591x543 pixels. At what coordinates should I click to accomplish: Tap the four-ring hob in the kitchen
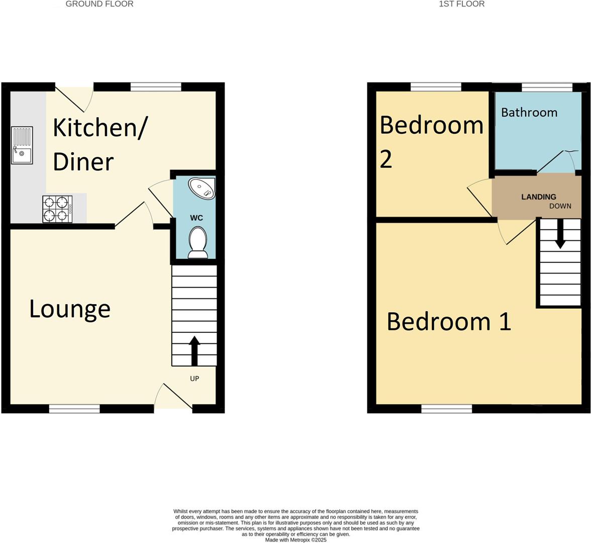click(x=57, y=209)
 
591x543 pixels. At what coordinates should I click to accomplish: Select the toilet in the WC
click(x=198, y=242)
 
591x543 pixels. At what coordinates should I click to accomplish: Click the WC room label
click(x=196, y=218)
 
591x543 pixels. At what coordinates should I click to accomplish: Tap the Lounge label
click(x=70, y=309)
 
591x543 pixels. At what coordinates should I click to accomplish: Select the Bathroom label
click(x=529, y=112)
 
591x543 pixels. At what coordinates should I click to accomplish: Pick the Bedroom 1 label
click(x=449, y=321)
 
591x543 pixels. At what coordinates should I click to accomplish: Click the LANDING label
click(x=538, y=197)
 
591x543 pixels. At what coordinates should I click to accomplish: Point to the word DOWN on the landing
click(x=560, y=206)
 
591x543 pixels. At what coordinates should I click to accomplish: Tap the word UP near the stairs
click(x=194, y=379)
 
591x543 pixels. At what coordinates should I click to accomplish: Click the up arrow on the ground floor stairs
click(x=194, y=350)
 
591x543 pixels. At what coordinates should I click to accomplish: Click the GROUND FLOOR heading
click(x=100, y=4)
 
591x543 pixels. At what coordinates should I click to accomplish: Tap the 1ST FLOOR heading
click(x=461, y=4)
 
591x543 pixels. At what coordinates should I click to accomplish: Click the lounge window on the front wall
click(x=74, y=409)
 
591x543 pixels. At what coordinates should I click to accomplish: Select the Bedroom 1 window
click(x=446, y=409)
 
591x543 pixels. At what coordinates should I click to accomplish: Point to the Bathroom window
click(x=547, y=87)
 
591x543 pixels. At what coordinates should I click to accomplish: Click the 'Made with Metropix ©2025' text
click(x=295, y=540)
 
